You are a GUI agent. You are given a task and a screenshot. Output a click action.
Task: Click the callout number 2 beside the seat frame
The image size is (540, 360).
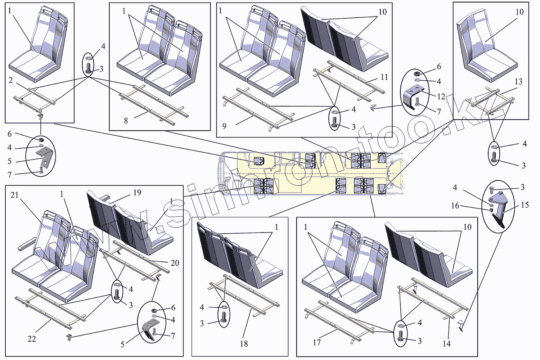click(x=11, y=80)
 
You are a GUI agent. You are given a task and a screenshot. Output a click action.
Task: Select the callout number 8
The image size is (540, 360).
click(x=126, y=121)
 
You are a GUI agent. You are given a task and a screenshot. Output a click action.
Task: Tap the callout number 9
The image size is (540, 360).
click(x=224, y=126)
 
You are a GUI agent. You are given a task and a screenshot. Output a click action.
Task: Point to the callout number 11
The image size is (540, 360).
click(x=384, y=77)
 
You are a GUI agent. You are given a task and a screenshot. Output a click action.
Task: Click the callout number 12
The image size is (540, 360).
click(x=441, y=96)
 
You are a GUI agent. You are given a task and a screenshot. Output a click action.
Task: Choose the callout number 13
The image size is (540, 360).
click(x=518, y=82)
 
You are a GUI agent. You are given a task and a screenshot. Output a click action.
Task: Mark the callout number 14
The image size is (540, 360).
click(x=446, y=344)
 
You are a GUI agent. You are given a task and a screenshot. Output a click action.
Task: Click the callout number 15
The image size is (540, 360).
click(x=525, y=205)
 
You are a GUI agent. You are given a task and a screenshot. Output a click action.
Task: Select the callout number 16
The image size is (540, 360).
click(x=455, y=206)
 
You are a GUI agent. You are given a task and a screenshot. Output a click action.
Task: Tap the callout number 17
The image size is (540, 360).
click(x=317, y=342)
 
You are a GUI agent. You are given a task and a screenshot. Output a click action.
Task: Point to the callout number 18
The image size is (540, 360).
click(x=244, y=344)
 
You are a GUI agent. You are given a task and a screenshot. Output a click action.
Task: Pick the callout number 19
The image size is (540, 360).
click(x=137, y=193)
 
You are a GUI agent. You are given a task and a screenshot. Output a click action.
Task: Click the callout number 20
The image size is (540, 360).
click(x=175, y=263)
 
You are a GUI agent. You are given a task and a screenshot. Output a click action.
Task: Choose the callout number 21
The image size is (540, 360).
click(x=14, y=195)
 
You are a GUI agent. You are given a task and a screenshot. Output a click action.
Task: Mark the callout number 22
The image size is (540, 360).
click(x=32, y=339)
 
